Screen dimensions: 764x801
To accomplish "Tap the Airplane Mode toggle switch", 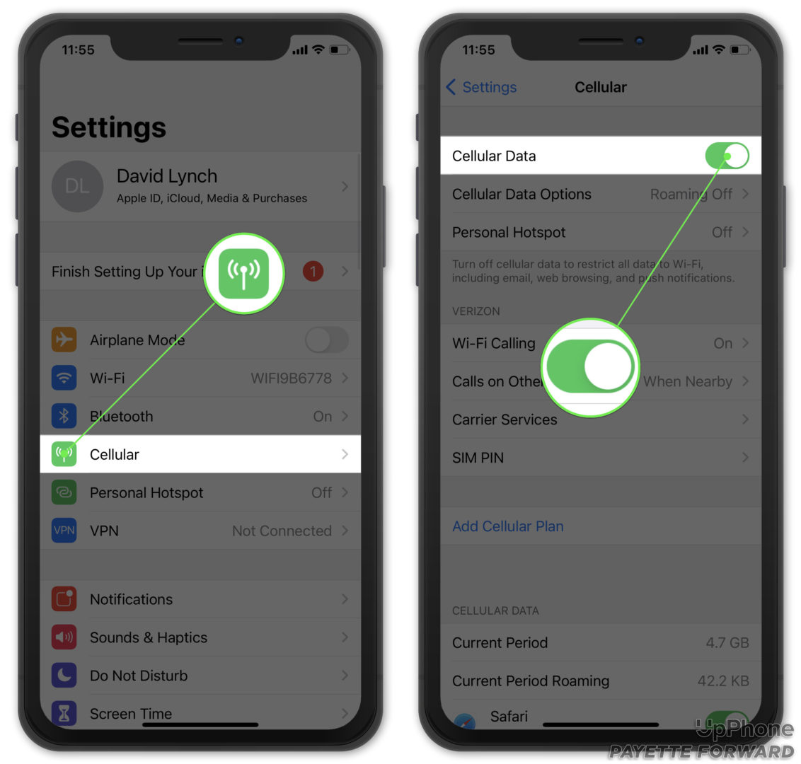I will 326,340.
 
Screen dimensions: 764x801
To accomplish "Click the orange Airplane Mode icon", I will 64,340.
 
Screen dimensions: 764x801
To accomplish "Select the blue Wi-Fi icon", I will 64,378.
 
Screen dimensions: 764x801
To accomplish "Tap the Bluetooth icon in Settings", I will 64,417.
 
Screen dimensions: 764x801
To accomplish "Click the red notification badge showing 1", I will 313,271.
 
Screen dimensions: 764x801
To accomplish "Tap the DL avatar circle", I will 77,186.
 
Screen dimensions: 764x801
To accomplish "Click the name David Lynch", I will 167,176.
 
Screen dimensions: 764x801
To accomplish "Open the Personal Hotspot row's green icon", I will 64,493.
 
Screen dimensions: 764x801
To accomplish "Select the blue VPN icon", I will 64,531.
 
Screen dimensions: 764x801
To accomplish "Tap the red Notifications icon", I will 64,599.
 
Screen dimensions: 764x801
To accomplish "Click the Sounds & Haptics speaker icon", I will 64,637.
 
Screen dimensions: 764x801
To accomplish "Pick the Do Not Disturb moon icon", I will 64,676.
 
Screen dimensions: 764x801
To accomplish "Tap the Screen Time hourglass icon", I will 64,712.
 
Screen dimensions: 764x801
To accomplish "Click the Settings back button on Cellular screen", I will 481,87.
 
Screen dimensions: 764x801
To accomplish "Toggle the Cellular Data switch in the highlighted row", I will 727,156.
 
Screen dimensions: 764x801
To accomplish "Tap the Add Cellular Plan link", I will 508,526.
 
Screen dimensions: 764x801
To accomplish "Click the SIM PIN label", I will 478,458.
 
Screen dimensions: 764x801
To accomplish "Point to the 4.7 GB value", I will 727,643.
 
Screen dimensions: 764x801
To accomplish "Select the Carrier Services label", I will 505,419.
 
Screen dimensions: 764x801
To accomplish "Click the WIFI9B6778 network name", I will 291,378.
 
